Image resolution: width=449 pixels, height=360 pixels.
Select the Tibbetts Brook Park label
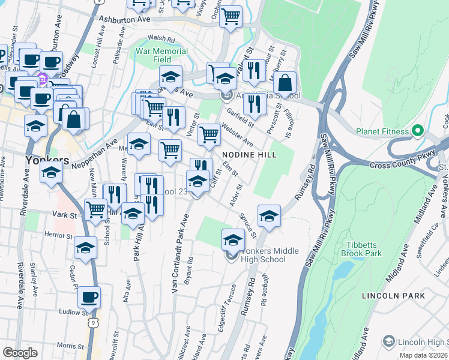(x=373, y=249)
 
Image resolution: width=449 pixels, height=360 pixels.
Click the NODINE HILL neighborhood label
(x=250, y=155)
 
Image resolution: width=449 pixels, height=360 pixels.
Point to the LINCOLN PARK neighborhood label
(x=393, y=296)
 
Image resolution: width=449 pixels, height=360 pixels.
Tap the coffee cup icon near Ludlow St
(x=89, y=297)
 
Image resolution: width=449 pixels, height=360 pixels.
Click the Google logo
(x=20, y=353)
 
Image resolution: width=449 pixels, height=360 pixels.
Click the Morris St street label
(x=71, y=346)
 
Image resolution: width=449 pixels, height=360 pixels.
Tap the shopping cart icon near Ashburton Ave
(x=231, y=17)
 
